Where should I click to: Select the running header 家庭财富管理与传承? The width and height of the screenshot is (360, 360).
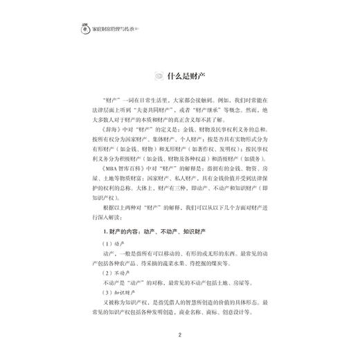111,31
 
